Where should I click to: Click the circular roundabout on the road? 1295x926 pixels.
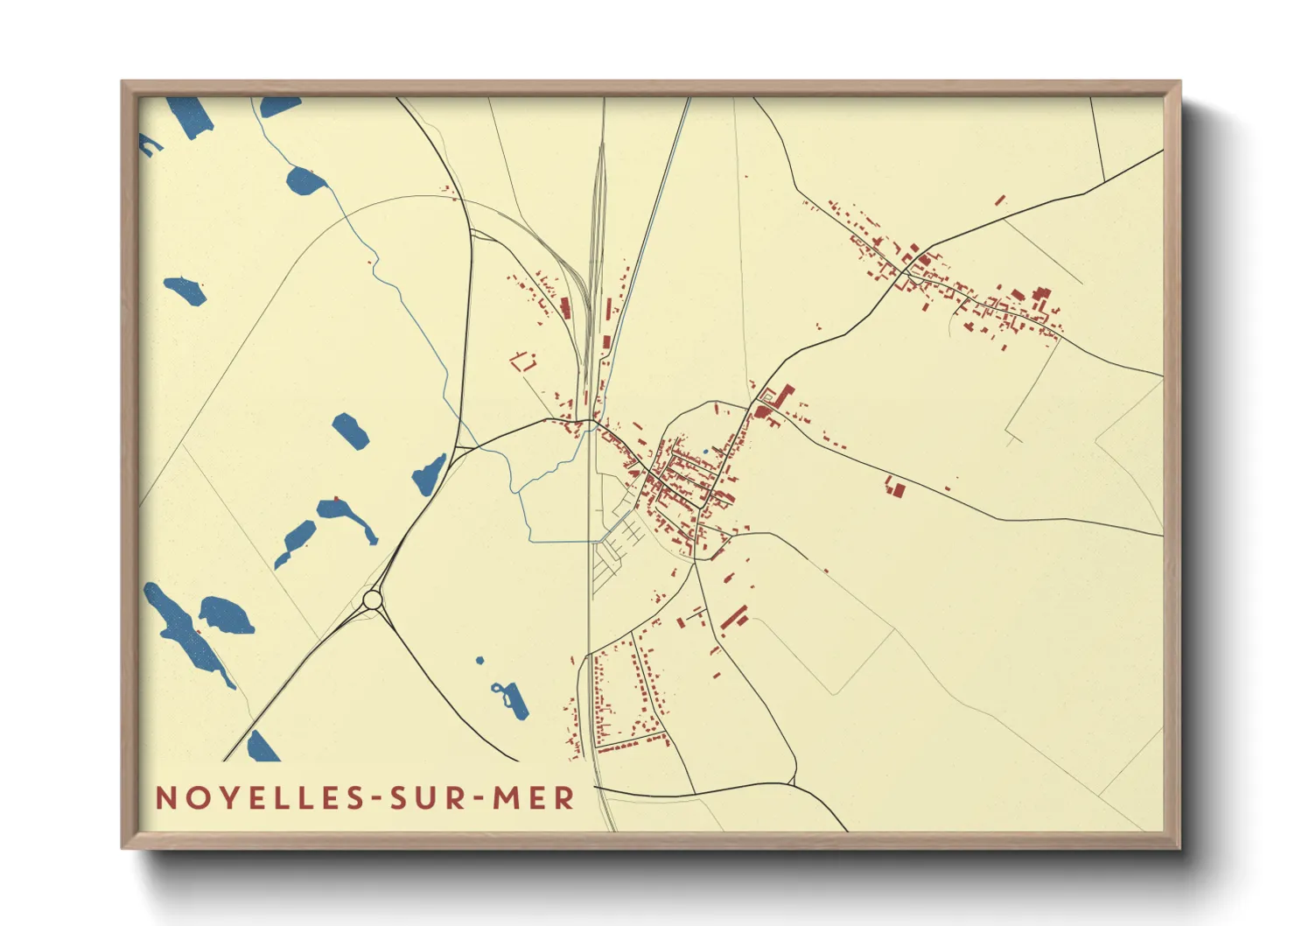coord(373,600)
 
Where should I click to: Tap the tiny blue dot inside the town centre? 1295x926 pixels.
coord(705,452)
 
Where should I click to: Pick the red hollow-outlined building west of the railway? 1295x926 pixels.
coord(523,361)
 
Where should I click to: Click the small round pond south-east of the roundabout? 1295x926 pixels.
coord(479,660)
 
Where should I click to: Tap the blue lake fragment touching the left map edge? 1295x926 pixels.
coord(149,144)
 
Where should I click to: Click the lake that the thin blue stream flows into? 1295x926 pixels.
coord(304,181)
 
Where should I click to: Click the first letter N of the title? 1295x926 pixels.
coord(164,798)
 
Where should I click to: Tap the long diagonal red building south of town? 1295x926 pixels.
coord(734,616)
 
